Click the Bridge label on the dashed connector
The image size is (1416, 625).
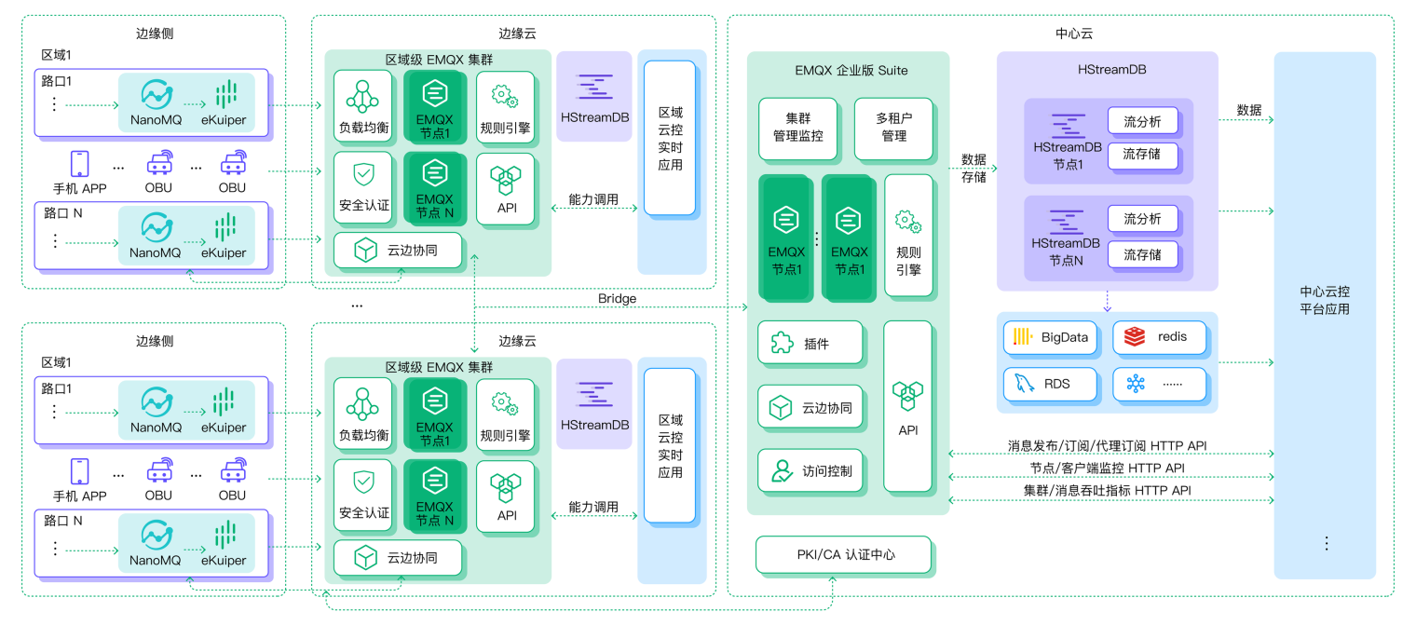617,298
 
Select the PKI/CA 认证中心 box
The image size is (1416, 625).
843,554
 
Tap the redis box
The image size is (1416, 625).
1159,337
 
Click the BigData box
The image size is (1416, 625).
1051,337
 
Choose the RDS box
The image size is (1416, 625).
1051,384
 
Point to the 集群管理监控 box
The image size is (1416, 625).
797,128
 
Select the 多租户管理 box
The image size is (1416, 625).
893,128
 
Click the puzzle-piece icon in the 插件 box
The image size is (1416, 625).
781,344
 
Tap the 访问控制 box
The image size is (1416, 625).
810,470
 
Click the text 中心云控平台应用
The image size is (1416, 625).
1324,301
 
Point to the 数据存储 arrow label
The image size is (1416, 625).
973,168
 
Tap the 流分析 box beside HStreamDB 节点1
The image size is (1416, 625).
1142,121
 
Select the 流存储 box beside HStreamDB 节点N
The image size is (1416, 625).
1142,254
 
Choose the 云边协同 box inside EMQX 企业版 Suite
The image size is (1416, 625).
810,407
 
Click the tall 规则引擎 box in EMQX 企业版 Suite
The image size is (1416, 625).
907,235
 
